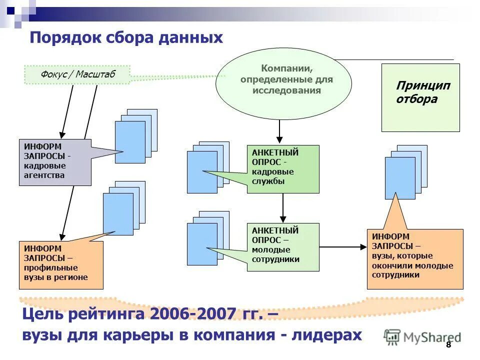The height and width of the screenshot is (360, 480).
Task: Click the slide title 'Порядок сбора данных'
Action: click(x=126, y=38)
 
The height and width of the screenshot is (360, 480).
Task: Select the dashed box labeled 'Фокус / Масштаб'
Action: click(x=77, y=74)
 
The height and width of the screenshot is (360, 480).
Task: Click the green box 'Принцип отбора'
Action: click(x=420, y=97)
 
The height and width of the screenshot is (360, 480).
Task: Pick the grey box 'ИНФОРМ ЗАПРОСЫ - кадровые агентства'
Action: click(x=55, y=162)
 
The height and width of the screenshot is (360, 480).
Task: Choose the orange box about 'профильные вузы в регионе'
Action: click(x=60, y=265)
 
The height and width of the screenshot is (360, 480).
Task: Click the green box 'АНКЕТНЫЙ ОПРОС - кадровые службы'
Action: click(x=282, y=168)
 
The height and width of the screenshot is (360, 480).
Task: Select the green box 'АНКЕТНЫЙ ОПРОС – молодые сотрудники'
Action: click(x=282, y=247)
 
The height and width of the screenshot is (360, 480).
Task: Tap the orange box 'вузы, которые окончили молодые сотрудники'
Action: click(x=415, y=259)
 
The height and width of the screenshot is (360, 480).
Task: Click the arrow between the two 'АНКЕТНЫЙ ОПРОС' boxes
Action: click(x=283, y=207)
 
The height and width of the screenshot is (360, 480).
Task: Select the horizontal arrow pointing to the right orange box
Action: click(x=343, y=246)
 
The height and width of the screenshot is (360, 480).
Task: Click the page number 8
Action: click(x=448, y=345)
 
